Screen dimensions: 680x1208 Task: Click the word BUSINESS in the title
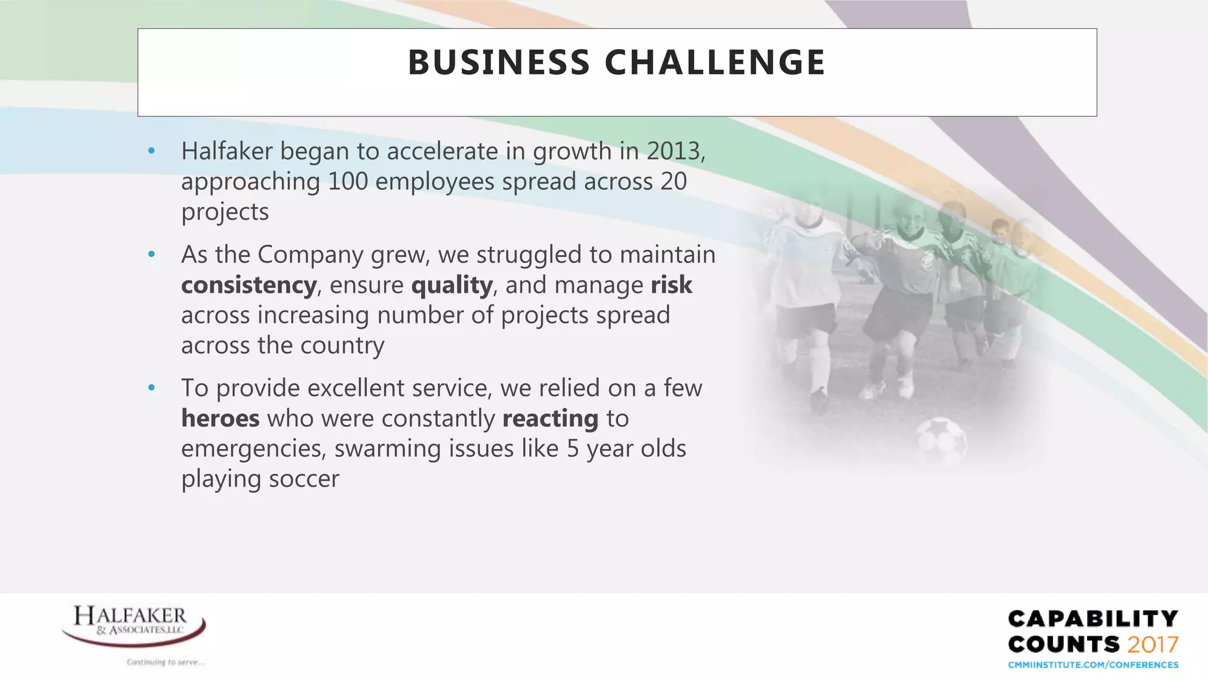pos(498,63)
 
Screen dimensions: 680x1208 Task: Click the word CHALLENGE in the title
pos(715,63)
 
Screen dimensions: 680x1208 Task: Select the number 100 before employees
pos(347,181)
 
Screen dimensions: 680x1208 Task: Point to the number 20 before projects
pos(674,181)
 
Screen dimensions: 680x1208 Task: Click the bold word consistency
pos(249,285)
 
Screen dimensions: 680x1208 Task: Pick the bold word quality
pos(452,285)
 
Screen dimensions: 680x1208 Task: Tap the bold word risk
pos(671,285)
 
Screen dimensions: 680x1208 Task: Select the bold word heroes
pos(220,419)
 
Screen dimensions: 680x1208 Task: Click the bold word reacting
pos(550,419)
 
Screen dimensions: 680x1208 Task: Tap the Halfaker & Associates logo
pos(134,626)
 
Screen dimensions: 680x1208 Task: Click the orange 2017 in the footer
pos(1153,644)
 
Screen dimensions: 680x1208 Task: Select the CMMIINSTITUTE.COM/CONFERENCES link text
pos(1093,665)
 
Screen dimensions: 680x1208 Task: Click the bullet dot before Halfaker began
pos(152,152)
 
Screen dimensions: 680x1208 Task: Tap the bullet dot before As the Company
pos(152,255)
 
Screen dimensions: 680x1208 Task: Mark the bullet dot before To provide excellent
pos(152,388)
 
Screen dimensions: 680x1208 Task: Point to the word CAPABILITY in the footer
pos(1093,619)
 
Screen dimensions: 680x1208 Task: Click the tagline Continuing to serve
pos(166,662)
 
